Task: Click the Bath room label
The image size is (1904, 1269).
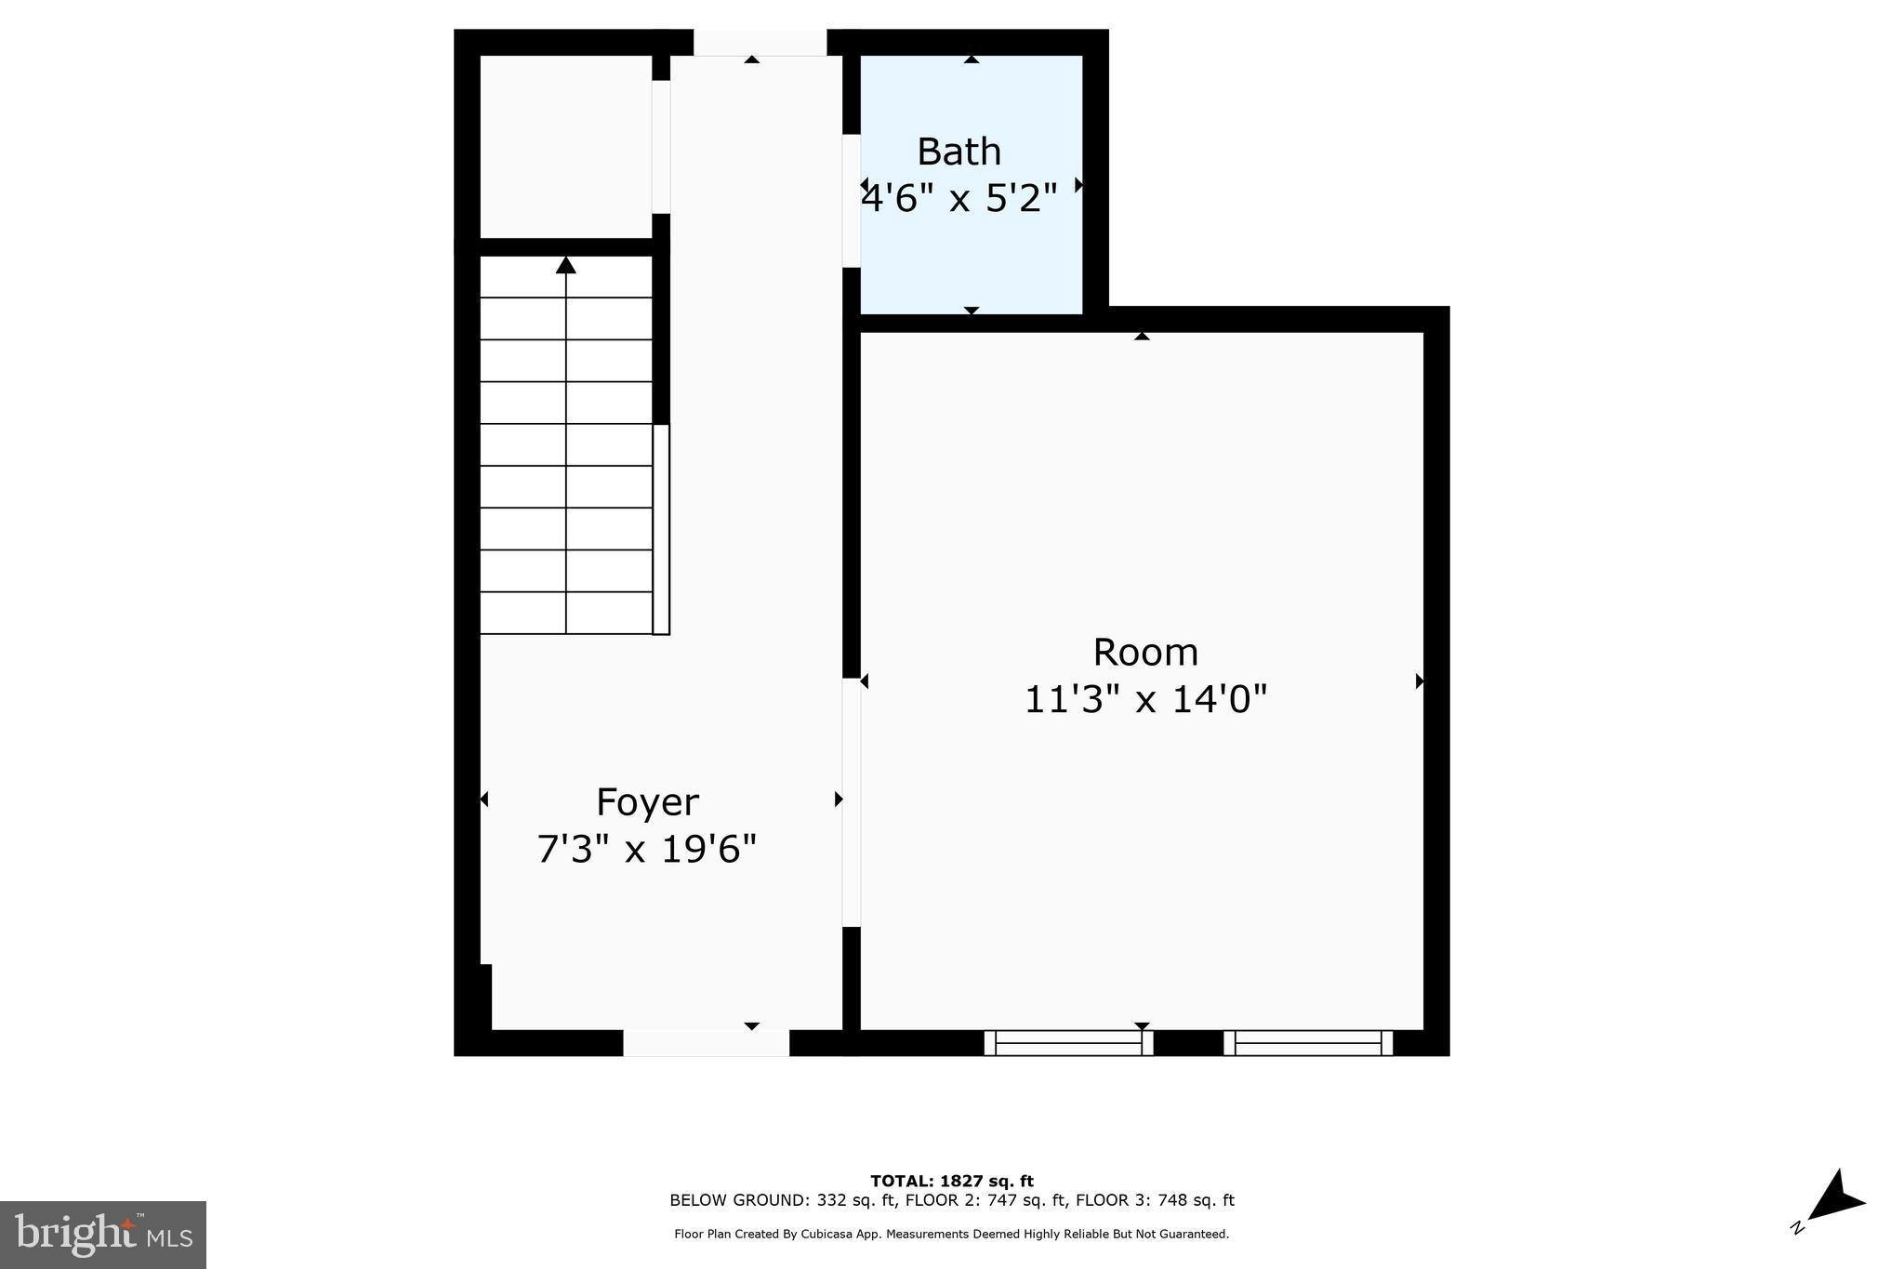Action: [959, 152]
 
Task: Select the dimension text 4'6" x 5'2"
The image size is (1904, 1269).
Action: [960, 198]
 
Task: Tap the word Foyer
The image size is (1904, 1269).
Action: [647, 802]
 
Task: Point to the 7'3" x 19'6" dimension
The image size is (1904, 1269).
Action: [647, 849]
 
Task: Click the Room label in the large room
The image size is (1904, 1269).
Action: [1144, 653]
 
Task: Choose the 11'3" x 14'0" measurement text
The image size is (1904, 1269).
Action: [1145, 699]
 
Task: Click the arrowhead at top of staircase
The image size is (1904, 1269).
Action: [566, 266]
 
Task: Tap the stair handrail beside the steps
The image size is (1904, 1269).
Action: [661, 530]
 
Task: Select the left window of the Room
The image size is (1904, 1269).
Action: [1068, 1043]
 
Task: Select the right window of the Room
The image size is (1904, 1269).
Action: [1308, 1043]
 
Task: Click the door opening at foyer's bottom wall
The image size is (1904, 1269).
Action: [706, 1043]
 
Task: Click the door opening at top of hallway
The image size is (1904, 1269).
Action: [760, 43]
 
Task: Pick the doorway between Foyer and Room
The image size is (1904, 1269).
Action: [852, 802]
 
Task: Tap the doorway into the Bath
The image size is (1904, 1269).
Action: [851, 201]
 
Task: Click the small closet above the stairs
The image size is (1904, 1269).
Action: [565, 146]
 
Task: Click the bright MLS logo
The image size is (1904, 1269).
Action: [103, 1235]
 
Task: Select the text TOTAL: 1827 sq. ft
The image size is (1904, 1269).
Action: [951, 1181]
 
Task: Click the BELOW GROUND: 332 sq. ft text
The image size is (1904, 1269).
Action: [783, 1200]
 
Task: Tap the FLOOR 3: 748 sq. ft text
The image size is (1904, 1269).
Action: [1155, 1200]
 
